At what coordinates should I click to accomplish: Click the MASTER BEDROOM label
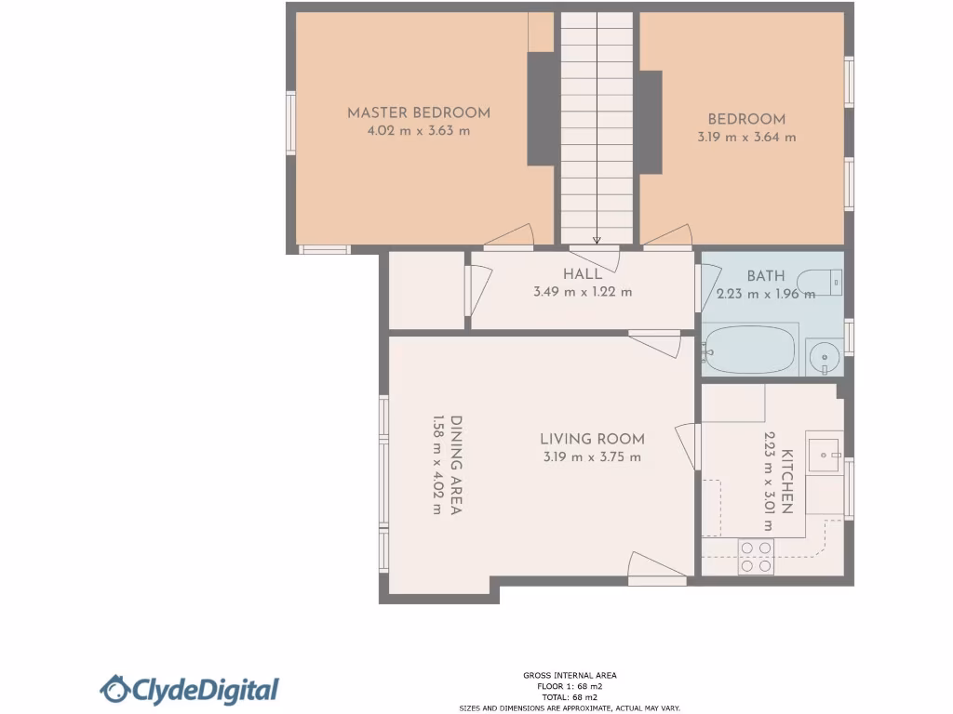(x=419, y=112)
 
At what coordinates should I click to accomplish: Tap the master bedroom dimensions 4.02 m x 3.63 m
(x=419, y=131)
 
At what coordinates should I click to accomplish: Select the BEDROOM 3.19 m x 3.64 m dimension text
(x=746, y=137)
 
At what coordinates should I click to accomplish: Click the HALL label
(x=583, y=274)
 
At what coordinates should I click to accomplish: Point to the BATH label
(x=766, y=276)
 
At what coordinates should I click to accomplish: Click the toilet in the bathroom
(x=824, y=280)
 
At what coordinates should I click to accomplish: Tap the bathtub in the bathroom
(x=750, y=350)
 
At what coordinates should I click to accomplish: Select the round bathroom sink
(x=822, y=356)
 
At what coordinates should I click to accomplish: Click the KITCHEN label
(x=786, y=482)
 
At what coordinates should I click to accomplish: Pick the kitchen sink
(x=823, y=455)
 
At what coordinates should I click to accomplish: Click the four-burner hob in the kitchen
(x=756, y=556)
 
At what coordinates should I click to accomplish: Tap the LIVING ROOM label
(x=592, y=439)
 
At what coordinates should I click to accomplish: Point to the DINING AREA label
(x=457, y=465)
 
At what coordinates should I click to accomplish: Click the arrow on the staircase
(x=597, y=240)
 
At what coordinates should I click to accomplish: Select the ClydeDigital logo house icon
(x=115, y=689)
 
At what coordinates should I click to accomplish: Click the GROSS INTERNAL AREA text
(x=570, y=676)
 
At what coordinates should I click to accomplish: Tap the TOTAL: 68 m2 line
(x=570, y=696)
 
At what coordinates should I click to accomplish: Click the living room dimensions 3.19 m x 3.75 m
(x=592, y=457)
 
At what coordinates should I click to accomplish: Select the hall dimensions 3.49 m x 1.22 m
(x=583, y=292)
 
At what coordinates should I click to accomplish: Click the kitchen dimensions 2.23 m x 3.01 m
(x=770, y=482)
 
